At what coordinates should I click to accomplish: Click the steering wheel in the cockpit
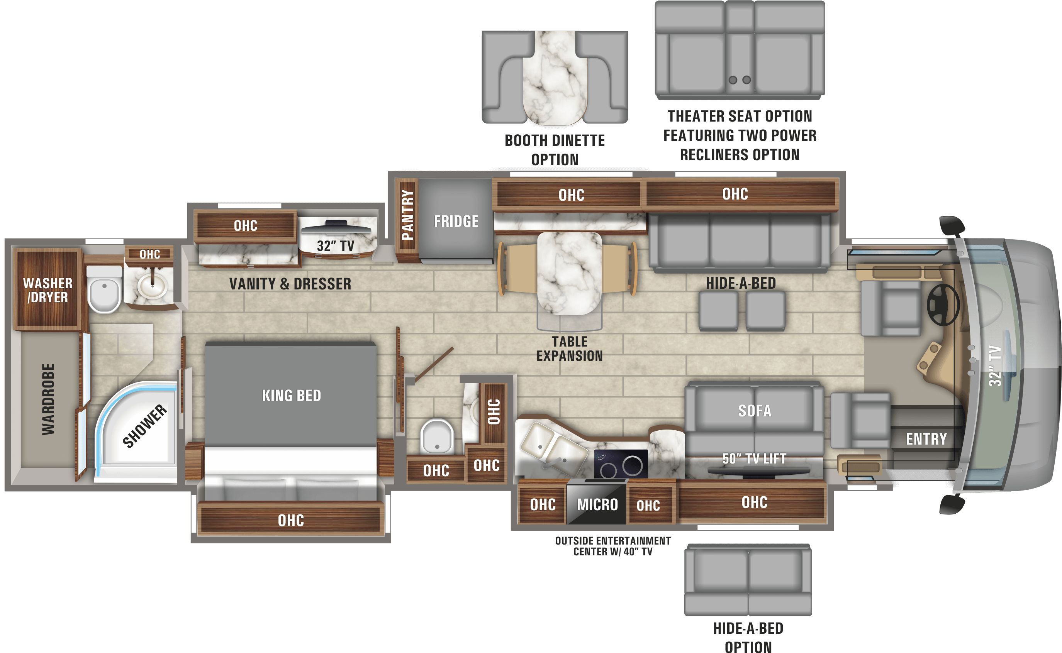pyautogui.click(x=943, y=305)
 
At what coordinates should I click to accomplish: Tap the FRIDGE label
pyautogui.click(x=456, y=222)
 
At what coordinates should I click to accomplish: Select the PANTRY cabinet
pyautogui.click(x=407, y=220)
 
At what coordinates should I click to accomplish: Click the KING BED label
pyautogui.click(x=292, y=396)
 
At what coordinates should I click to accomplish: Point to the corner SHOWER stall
pyautogui.click(x=136, y=432)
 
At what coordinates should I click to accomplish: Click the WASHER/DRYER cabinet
pyautogui.click(x=48, y=289)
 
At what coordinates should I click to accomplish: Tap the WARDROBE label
pyautogui.click(x=48, y=399)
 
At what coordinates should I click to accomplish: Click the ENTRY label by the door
pyautogui.click(x=926, y=439)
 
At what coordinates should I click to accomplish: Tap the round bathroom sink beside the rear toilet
pyautogui.click(x=152, y=286)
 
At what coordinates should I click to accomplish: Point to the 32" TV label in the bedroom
pyautogui.click(x=335, y=246)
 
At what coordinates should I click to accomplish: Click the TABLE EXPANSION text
pyautogui.click(x=570, y=349)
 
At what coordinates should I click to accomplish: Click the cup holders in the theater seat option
pyautogui.click(x=740, y=80)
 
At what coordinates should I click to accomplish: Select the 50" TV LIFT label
pyautogui.click(x=754, y=458)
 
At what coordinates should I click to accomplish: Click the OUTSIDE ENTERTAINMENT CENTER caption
pyautogui.click(x=612, y=546)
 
